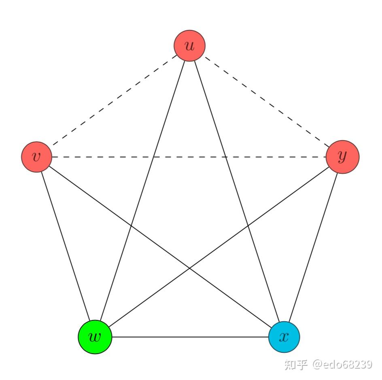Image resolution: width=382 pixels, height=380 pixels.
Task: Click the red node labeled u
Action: pos(189,45)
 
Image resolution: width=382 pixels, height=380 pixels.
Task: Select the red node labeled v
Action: pos(36,157)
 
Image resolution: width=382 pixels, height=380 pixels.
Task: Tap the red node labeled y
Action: pos(342,157)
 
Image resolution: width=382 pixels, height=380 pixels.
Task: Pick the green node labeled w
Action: pos(95,337)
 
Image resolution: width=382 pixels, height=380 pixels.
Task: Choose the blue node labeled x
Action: pos(284,337)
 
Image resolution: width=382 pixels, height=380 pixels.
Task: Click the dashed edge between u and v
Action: pos(113,101)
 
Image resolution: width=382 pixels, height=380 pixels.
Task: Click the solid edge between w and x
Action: pos(189,337)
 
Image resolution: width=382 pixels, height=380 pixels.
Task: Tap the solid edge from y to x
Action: pos(314,246)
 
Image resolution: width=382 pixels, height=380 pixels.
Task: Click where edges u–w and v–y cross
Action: pos(153,157)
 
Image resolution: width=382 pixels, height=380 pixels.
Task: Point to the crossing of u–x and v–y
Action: pos(226,157)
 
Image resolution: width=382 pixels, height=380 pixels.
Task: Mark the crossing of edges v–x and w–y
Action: pos(189,268)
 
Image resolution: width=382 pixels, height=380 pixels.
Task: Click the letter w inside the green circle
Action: pos(95,337)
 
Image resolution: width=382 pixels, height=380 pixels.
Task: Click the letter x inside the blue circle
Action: pos(284,337)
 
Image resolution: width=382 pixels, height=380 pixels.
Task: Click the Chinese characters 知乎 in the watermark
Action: pos(296,364)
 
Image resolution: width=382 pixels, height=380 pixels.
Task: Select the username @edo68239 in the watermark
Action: pos(342,364)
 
